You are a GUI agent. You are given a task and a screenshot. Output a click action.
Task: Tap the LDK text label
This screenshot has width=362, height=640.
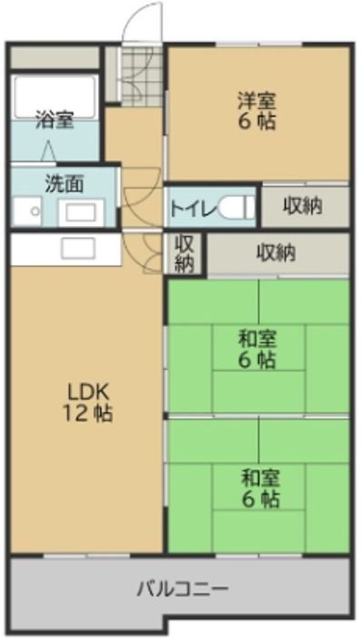coord(88,392)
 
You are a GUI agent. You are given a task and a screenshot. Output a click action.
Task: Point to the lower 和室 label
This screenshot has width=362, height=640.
coord(259,478)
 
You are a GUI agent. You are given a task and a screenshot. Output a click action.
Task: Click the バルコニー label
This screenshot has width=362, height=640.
coord(183,588)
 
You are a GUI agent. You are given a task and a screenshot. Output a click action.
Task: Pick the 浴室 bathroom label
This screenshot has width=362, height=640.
coord(54,119)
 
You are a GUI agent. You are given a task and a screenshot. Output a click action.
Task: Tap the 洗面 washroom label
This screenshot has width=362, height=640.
coord(64,182)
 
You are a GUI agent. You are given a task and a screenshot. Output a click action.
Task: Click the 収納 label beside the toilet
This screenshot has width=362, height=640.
coord(303,206)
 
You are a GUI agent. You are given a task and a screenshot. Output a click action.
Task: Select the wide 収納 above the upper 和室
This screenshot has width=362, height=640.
coord(276,253)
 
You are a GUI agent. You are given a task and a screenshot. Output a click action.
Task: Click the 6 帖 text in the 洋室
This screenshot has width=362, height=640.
coord(257,123)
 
